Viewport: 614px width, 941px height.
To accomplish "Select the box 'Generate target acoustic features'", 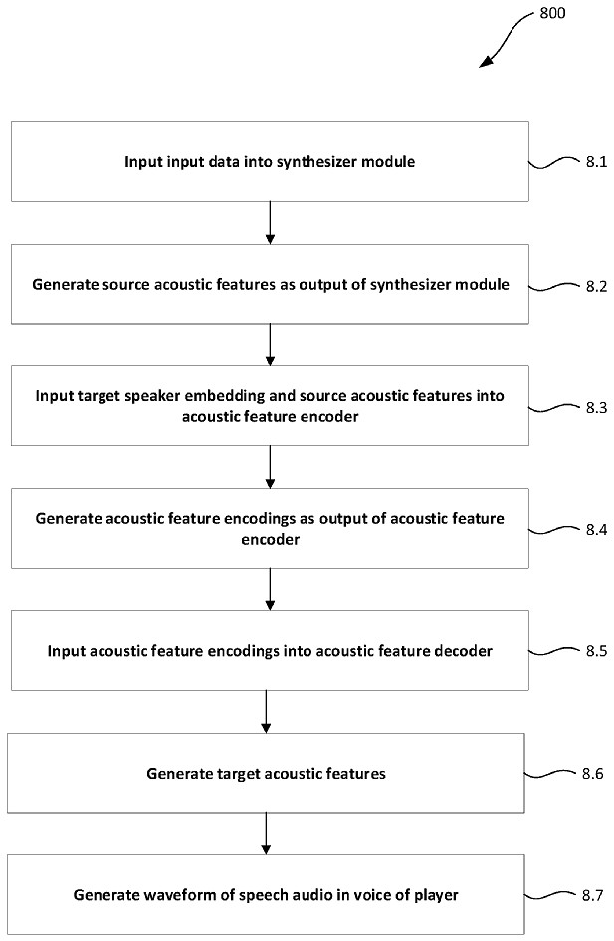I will (x=265, y=773).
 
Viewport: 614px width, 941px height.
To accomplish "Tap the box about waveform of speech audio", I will (x=265, y=894).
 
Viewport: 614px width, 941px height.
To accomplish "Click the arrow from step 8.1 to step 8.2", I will (x=271, y=222).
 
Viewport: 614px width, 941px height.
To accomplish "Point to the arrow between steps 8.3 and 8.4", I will (x=271, y=466).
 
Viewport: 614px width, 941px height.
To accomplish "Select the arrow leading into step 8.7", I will (x=266, y=832).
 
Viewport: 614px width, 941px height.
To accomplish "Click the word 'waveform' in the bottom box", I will (x=165, y=894).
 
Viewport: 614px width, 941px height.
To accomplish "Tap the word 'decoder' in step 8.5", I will (x=459, y=651).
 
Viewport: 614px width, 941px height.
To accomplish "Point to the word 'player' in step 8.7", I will (x=436, y=894).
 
